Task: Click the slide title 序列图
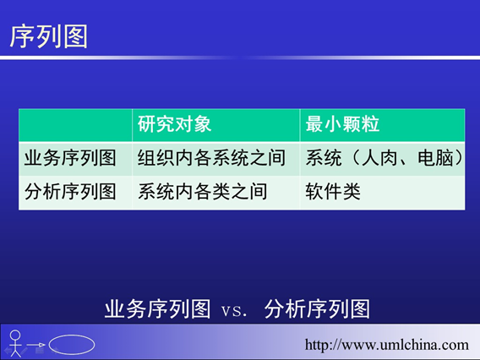coord(49,36)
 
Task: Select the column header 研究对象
coord(174,124)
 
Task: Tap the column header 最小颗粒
coord(342,124)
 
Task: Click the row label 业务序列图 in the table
coord(70,158)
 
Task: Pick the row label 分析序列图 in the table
coord(70,192)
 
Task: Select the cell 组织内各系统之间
coord(211,158)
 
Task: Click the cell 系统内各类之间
coord(202,192)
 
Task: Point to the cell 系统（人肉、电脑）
coord(385,158)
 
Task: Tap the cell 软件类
coord(333,192)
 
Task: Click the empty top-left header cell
coord(75,125)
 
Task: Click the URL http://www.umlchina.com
coord(387,345)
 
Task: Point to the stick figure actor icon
coord(15,343)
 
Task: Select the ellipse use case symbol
coord(72,345)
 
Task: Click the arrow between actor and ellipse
coord(35,345)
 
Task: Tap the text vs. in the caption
coord(234,310)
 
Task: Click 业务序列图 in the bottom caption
coord(157,309)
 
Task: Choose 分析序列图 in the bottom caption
coord(317,309)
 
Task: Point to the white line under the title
coord(240,57)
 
